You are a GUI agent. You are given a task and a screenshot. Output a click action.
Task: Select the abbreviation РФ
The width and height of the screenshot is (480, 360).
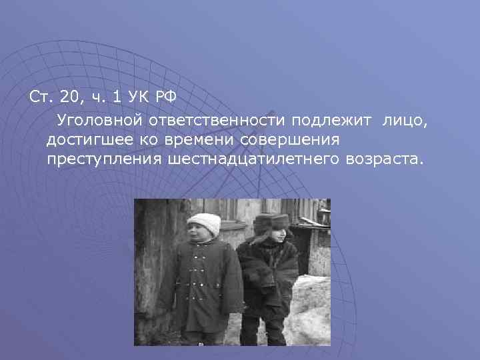(x=165, y=97)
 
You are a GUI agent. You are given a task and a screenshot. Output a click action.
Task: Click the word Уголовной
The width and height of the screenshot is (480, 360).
(x=99, y=121)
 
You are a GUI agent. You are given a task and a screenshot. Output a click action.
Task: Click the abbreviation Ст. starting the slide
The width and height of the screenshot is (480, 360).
(x=39, y=97)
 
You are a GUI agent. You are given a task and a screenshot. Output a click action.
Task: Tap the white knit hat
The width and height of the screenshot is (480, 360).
(x=204, y=223)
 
